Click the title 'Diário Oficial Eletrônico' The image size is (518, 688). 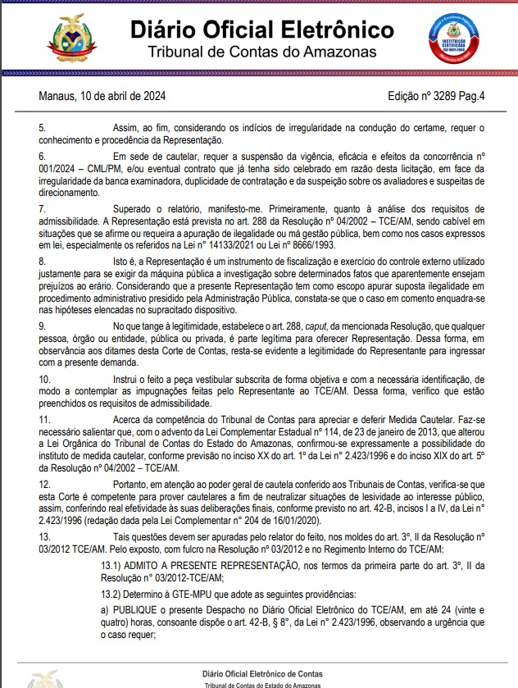tap(261, 31)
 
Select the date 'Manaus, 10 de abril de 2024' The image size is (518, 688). tap(102, 96)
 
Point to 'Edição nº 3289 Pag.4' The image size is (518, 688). tap(436, 96)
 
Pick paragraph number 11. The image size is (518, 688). tap(45, 420)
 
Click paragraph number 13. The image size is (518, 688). tap(45, 535)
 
